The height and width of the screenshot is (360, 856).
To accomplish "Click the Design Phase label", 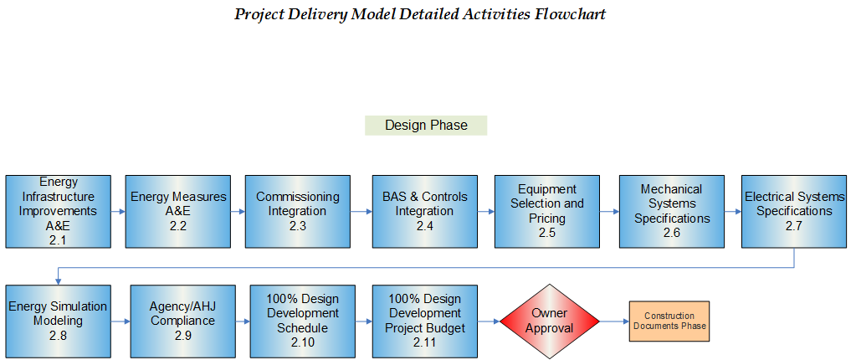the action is [x=426, y=125].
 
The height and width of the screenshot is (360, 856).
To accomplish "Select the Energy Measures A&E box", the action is [x=178, y=212].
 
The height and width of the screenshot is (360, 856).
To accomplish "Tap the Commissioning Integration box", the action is [x=298, y=212].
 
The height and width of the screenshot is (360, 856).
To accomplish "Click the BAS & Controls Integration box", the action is [x=425, y=212].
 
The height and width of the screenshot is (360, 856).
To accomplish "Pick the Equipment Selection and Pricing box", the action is [x=547, y=212].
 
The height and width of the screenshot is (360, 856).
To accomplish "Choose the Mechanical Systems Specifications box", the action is [x=671, y=212].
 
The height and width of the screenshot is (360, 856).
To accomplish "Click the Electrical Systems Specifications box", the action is [x=794, y=212].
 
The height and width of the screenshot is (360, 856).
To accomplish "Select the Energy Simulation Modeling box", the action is [x=58, y=321].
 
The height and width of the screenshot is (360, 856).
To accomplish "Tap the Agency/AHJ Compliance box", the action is [x=183, y=321].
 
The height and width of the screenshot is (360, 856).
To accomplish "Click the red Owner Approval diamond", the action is [x=550, y=321].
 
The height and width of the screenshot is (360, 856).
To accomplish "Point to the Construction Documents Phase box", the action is [x=669, y=321].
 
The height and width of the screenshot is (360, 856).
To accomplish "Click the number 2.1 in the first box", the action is [x=58, y=239].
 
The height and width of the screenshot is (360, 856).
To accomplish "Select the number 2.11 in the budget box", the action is [x=425, y=342].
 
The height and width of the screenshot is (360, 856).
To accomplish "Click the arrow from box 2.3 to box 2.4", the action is [x=361, y=212].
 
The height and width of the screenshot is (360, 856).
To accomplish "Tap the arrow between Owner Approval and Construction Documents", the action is [x=615, y=321].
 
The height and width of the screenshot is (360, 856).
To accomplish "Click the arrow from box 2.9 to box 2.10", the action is [x=243, y=321].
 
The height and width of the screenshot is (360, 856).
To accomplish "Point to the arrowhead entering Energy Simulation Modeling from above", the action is [x=58, y=281].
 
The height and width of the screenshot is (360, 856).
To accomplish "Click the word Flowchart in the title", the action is [x=570, y=14].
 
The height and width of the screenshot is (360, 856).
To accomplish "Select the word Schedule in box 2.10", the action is [x=302, y=328].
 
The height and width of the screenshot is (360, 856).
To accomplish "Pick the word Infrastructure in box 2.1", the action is [x=58, y=196].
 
